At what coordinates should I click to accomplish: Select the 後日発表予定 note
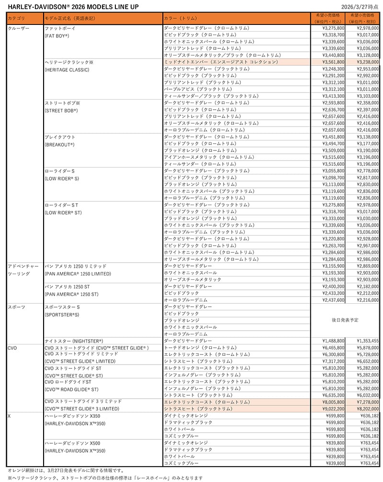click(344, 320)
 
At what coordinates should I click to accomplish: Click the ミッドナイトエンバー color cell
click(220, 62)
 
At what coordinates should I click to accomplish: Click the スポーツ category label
click(16, 306)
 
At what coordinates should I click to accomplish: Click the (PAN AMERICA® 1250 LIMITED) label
click(77, 274)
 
